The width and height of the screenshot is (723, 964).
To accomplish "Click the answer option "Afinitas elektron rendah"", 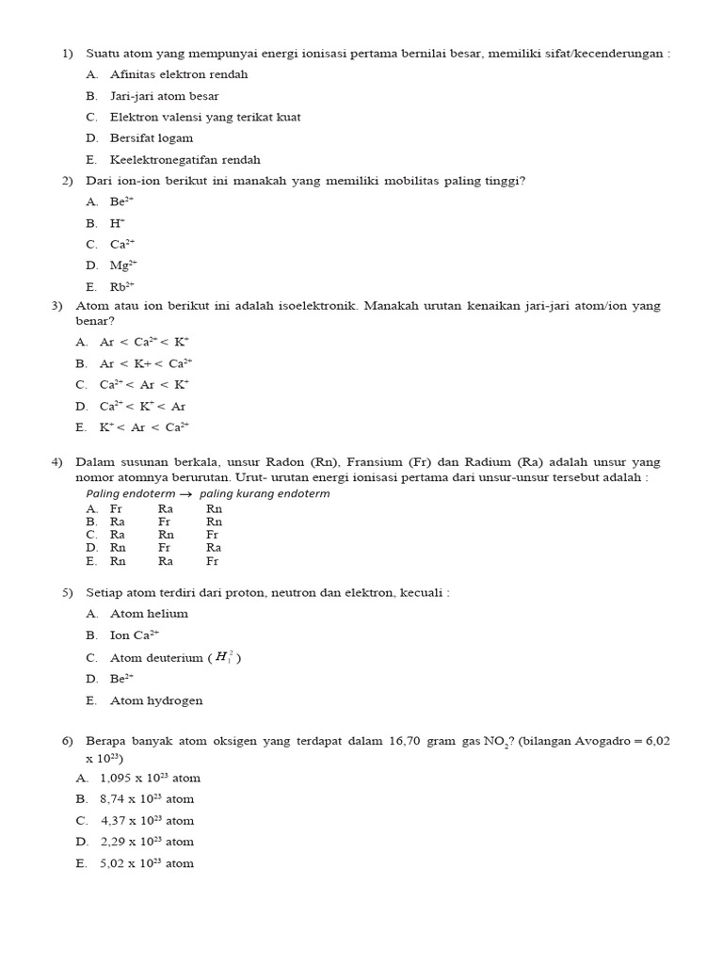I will click(x=179, y=74).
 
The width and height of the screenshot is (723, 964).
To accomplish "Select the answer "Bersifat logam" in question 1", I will click(x=152, y=138).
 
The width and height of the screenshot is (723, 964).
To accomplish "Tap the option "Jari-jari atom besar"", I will click(x=165, y=96).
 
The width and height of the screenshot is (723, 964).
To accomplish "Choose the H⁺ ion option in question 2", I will click(x=118, y=223).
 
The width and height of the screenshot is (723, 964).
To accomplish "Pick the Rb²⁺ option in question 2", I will click(x=122, y=287).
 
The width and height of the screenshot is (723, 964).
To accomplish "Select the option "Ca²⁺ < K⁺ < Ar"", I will click(x=142, y=407).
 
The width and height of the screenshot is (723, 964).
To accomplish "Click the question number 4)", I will click(x=56, y=462).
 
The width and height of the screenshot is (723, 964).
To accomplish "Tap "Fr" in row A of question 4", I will click(x=116, y=508).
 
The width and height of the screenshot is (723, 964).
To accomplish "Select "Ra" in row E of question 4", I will click(x=166, y=561).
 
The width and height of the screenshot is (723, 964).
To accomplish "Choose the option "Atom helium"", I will click(x=149, y=614).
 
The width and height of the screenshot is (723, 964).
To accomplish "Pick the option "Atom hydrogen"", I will click(x=156, y=700).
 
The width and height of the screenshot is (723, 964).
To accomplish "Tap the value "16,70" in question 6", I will click(x=405, y=742).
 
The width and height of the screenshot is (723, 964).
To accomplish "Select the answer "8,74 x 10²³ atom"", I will click(x=147, y=799).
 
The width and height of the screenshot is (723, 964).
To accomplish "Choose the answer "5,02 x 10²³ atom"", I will click(x=147, y=863).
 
